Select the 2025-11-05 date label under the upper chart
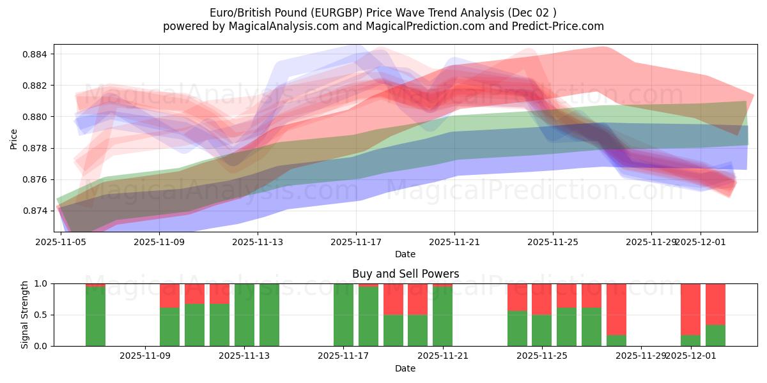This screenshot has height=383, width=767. (61, 242)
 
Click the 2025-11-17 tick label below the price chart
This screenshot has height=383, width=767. (356, 242)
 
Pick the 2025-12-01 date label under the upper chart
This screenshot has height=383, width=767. (701, 242)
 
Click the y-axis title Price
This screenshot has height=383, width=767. (14, 138)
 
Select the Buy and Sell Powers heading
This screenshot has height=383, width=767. (405, 274)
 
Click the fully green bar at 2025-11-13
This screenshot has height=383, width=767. (244, 315)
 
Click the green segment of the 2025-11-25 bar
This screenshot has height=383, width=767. (541, 330)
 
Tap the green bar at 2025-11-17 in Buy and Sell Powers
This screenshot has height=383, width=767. (343, 315)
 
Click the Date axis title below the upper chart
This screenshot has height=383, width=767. (405, 254)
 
